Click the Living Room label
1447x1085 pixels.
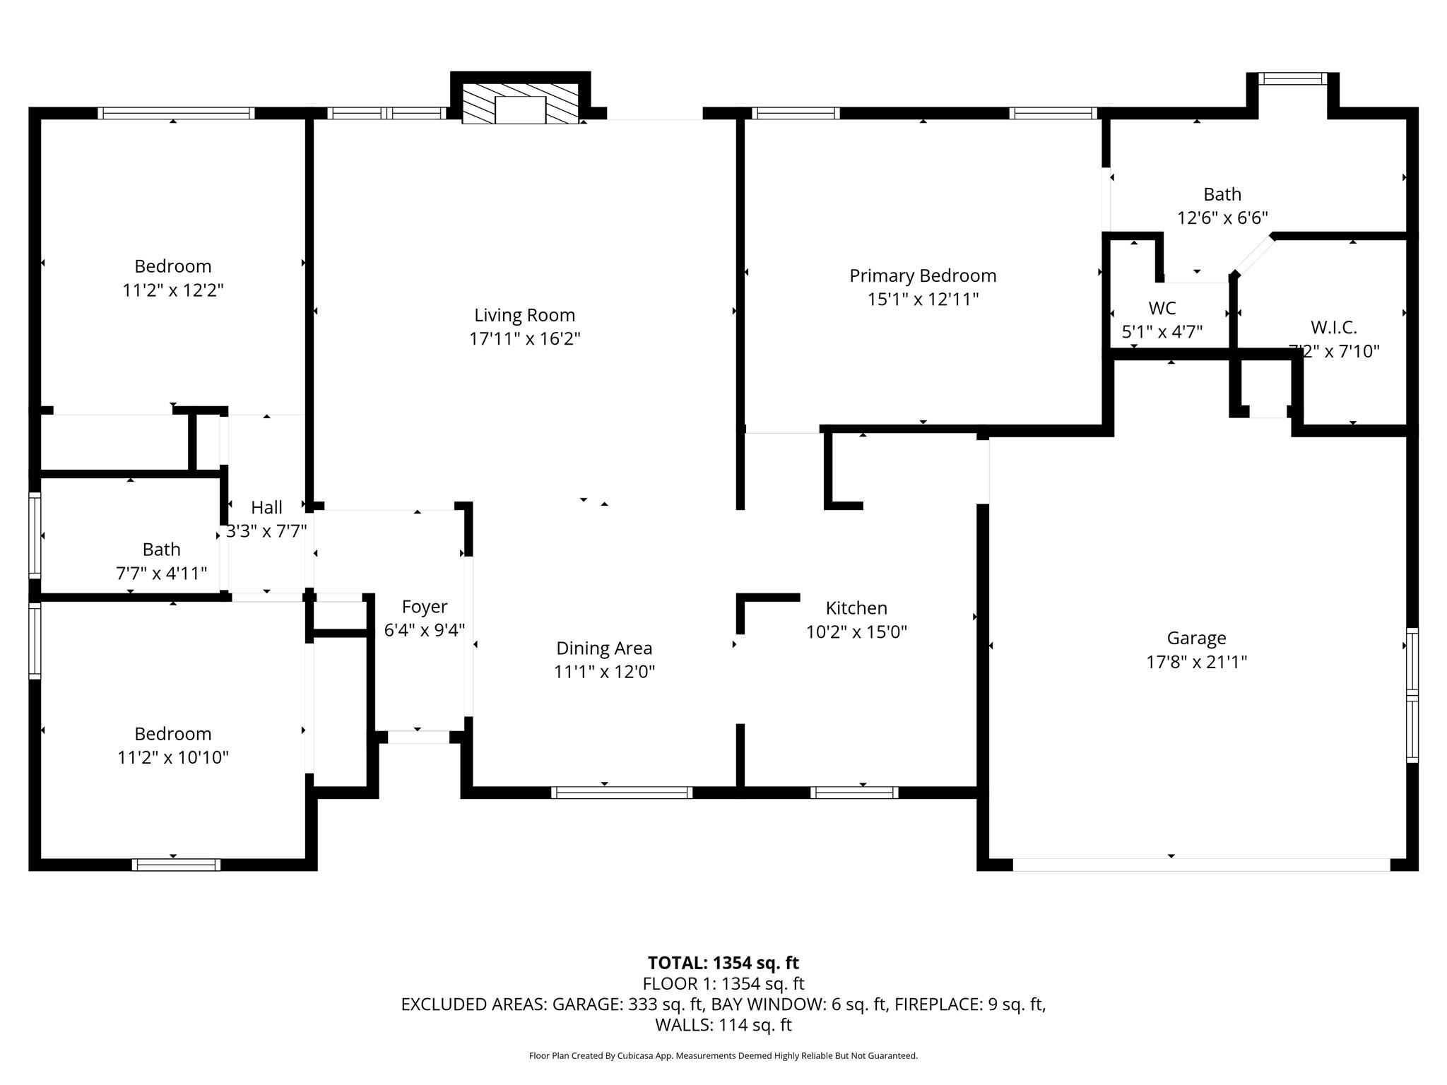tap(524, 315)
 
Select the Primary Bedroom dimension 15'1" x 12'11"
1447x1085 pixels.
tap(923, 300)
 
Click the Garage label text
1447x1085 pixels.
tap(1196, 639)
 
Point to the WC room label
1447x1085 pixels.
tap(1162, 308)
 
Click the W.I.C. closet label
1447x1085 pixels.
tap(1334, 328)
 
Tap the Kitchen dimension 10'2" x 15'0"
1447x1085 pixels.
tap(856, 632)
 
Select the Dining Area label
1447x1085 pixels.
tap(604, 648)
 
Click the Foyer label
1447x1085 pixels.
tap(424, 607)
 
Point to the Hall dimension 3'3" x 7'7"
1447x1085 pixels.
tap(266, 531)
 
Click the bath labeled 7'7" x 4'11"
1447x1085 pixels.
tap(161, 550)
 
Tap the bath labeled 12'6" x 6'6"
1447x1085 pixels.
tap(1222, 194)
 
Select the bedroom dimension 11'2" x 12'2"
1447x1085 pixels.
tap(173, 290)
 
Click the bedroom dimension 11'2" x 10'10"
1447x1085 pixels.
tap(173, 758)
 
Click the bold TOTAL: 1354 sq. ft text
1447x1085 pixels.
tap(723, 963)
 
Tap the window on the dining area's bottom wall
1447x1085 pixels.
tap(621, 793)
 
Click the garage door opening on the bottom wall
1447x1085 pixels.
tap(1201, 865)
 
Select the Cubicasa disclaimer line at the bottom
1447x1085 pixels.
tap(723, 1056)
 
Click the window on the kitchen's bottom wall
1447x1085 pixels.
tap(854, 793)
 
